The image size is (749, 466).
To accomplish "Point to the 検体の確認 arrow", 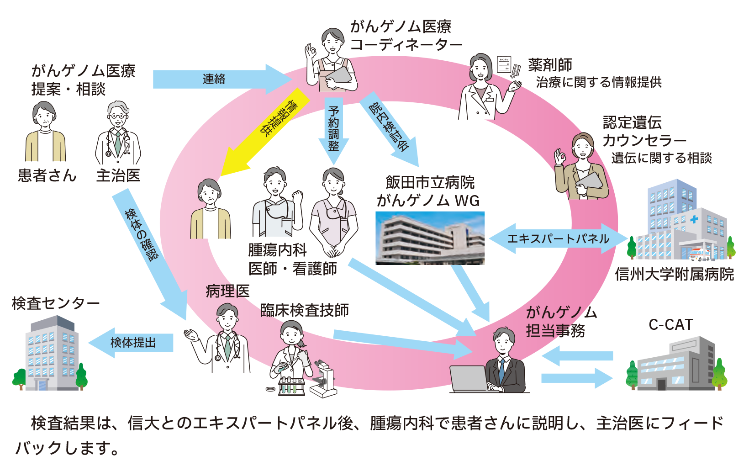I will (146, 247).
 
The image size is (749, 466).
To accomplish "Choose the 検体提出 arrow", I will (132, 343).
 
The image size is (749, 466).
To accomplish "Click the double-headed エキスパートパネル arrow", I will (558, 238).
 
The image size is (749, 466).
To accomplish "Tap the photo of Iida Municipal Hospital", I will (430, 238).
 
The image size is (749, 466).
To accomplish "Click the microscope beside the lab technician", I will (323, 379).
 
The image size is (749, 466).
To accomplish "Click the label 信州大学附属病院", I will (674, 275).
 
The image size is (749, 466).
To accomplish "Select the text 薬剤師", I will (550, 65).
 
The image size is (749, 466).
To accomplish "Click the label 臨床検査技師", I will (305, 311).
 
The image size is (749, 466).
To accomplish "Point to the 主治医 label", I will (118, 175).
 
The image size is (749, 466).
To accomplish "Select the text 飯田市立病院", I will (430, 183).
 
